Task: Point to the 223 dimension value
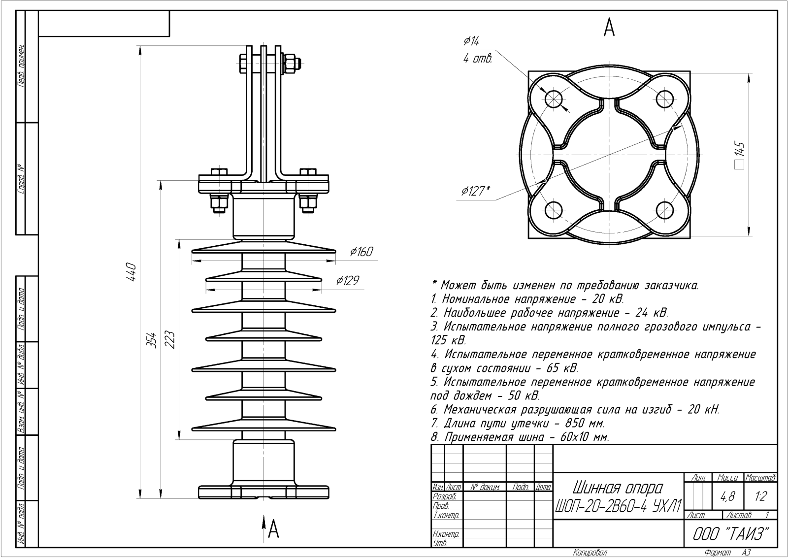pyautogui.click(x=170, y=339)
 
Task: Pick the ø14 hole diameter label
pyautogui.click(x=471, y=41)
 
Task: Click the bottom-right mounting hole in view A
pyautogui.click(x=664, y=211)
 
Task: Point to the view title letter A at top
pyautogui.click(x=609, y=28)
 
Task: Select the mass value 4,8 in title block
pyautogui.click(x=727, y=497)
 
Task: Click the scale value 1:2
pyautogui.click(x=760, y=497)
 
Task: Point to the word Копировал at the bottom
pyautogui.click(x=590, y=553)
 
